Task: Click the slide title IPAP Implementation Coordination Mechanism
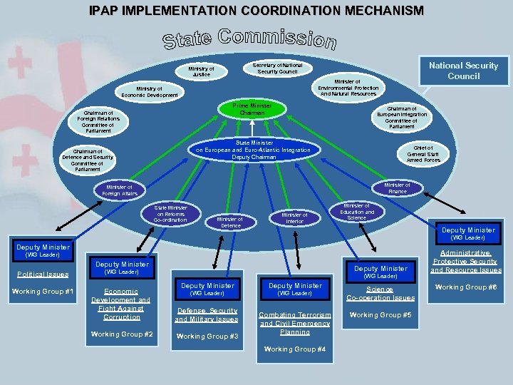click(256, 11)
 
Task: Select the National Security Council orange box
click(463, 70)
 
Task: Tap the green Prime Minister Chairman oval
click(252, 109)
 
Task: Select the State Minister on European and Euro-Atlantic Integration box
click(253, 150)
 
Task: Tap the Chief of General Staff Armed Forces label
click(423, 153)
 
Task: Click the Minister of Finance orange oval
click(396, 188)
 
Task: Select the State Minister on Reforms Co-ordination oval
click(170, 214)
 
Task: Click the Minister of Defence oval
click(230, 222)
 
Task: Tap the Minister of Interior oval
click(294, 218)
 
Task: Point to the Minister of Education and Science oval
click(358, 212)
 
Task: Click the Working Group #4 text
click(294, 349)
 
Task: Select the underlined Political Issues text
click(43, 274)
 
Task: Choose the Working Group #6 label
click(466, 287)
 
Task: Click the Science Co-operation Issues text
click(380, 293)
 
